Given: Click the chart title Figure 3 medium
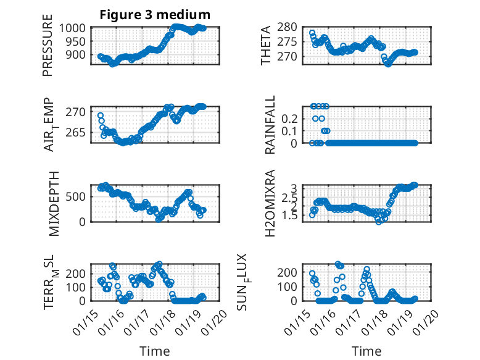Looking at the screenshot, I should [x=155, y=14].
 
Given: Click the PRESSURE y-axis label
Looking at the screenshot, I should [x=48, y=49].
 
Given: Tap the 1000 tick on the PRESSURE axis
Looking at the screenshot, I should [x=77, y=28].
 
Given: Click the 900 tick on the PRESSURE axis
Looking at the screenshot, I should [x=79, y=54].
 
